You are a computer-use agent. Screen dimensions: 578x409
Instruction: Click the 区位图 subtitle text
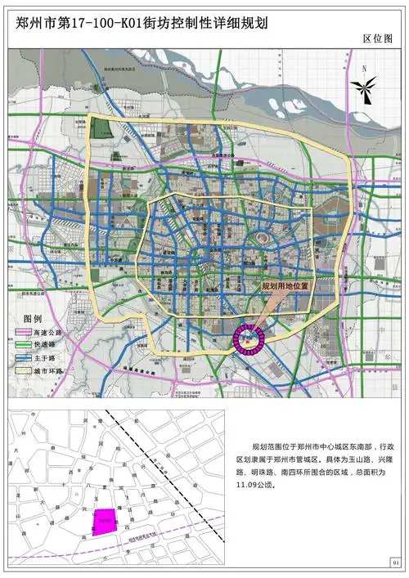(x=378, y=38)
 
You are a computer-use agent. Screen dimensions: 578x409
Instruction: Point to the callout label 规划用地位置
(x=285, y=287)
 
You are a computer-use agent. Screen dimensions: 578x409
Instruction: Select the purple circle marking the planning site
(x=249, y=338)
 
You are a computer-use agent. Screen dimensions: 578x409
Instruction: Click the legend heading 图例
(x=33, y=318)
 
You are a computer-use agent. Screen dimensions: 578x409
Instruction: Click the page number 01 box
(x=395, y=562)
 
